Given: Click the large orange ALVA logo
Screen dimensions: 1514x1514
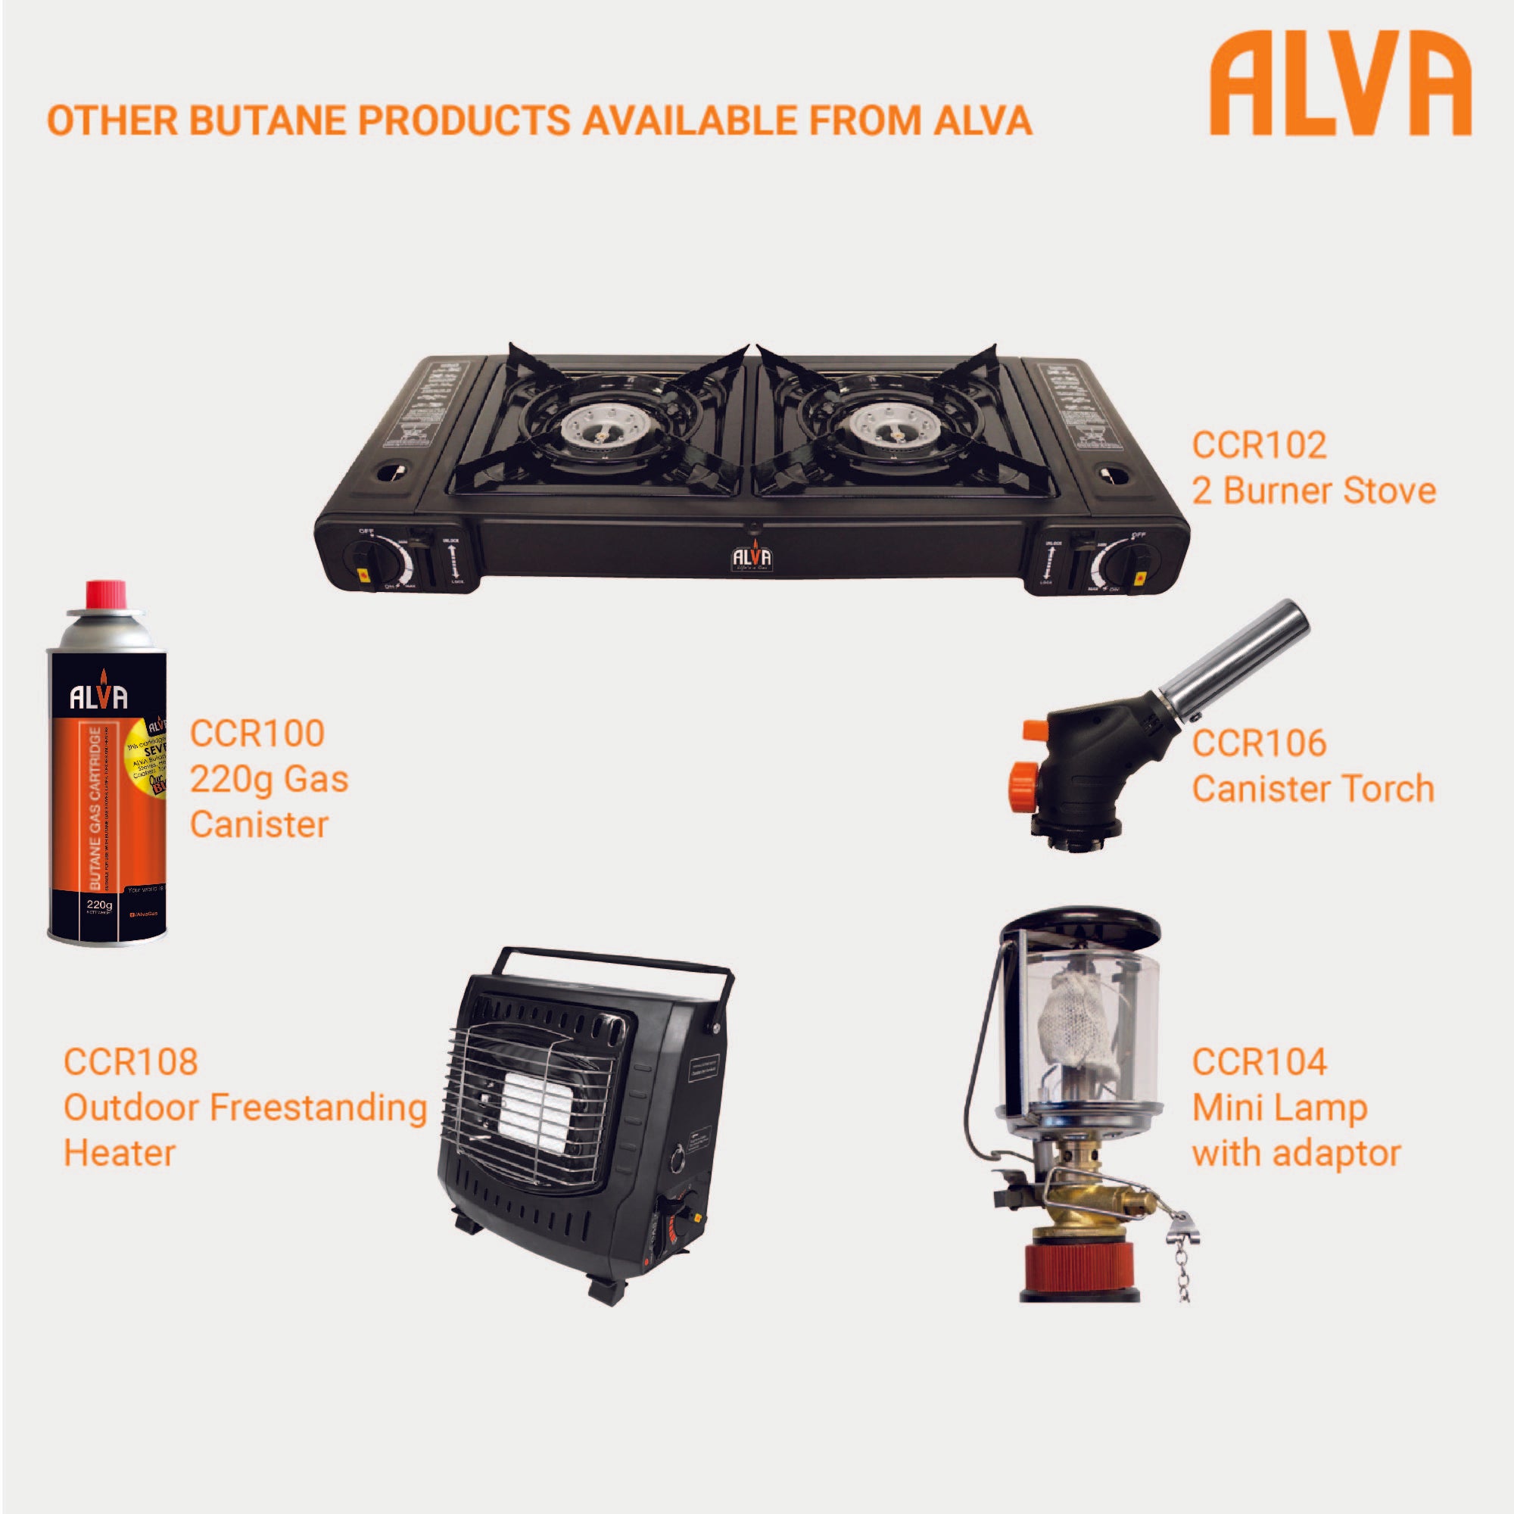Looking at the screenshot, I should coord(1339,86).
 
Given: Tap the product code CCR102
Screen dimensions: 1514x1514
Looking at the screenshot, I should coord(1260,445).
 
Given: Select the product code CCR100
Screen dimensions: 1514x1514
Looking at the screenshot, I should coord(257,734).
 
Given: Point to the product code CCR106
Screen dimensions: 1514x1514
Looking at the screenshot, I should coord(1260,743).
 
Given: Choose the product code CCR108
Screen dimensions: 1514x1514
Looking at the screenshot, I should coord(131,1062).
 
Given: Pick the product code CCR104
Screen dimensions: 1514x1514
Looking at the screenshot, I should coord(1260,1062).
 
